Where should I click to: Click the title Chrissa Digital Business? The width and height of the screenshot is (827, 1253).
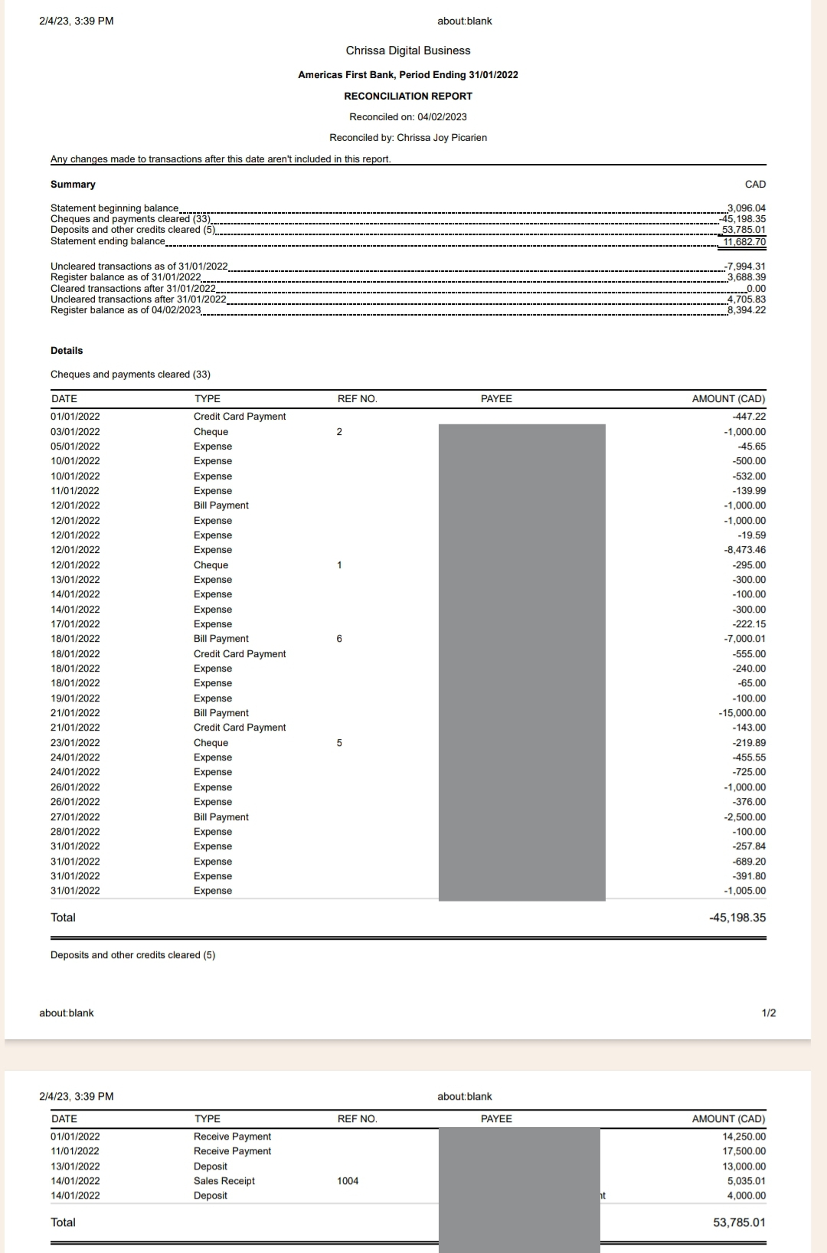click(x=408, y=51)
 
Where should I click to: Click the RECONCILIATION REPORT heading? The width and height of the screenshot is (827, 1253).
click(x=408, y=96)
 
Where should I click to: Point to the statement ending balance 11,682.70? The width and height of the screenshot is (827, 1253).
click(x=744, y=241)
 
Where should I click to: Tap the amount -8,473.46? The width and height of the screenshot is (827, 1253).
click(x=744, y=550)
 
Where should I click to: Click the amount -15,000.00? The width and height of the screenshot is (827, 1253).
click(x=742, y=713)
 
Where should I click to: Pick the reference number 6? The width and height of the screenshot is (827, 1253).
click(x=339, y=639)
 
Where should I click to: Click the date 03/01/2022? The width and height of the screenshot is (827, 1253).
click(x=75, y=432)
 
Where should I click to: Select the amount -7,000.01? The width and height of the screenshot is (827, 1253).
click(x=744, y=639)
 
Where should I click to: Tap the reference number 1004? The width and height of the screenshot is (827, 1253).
click(x=348, y=1181)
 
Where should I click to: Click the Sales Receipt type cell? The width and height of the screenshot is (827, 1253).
click(x=224, y=1181)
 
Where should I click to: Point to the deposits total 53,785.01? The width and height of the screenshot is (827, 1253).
click(x=739, y=1222)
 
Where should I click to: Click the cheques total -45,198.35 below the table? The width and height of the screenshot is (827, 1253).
click(x=737, y=918)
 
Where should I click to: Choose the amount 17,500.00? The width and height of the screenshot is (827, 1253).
click(x=744, y=1151)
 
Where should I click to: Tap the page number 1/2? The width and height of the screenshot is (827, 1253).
click(x=769, y=1013)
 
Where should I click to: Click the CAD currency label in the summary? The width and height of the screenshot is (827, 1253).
click(x=755, y=185)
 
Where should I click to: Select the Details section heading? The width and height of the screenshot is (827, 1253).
click(x=67, y=351)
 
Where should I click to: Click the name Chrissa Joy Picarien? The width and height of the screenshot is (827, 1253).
click(x=442, y=138)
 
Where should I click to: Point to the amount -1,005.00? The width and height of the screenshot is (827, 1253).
click(x=744, y=891)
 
